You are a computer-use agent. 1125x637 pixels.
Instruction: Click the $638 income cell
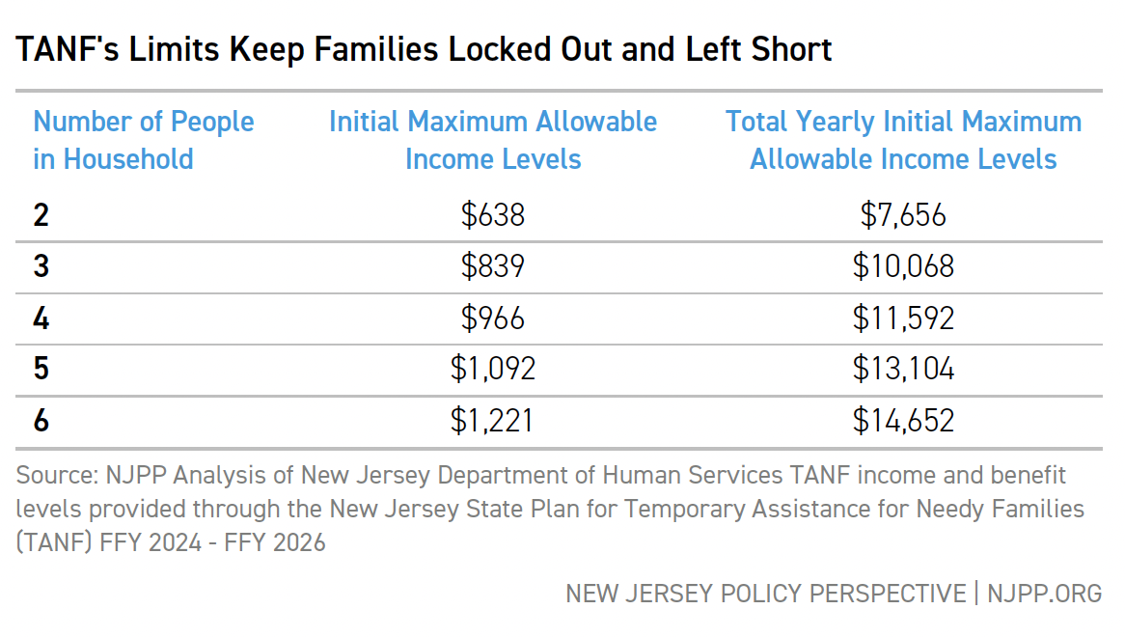[x=493, y=214]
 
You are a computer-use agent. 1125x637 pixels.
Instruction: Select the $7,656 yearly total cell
[x=903, y=214]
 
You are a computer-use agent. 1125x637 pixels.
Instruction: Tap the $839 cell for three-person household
[x=493, y=266]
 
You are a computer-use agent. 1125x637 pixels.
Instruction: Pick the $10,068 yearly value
[x=903, y=266]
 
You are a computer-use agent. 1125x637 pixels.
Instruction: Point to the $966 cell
[x=493, y=318]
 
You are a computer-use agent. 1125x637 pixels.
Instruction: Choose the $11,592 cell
[x=903, y=318]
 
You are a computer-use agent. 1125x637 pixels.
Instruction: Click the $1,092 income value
[x=493, y=369]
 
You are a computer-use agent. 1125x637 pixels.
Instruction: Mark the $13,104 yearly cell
[x=903, y=369]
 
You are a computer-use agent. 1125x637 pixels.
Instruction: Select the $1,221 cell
[x=493, y=421]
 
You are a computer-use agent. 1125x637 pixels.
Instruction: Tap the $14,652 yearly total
[x=903, y=421]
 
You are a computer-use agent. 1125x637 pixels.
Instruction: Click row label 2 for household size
[x=41, y=214]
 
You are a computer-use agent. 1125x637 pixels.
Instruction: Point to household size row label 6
[x=41, y=421]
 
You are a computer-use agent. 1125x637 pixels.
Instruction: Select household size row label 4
[x=41, y=318]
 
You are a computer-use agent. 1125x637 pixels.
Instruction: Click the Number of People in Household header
[x=144, y=140]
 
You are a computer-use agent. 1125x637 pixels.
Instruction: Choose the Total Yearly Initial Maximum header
[x=903, y=140]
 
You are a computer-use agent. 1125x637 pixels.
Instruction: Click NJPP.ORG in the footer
[x=1044, y=593]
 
